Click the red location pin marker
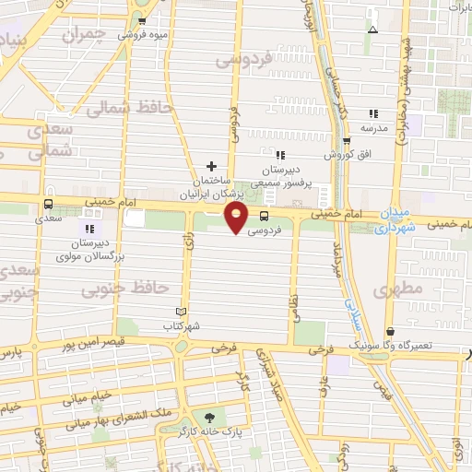[x=238, y=218]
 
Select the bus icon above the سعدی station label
[x=47, y=205]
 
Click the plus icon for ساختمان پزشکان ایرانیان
[x=211, y=165]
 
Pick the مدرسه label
[x=370, y=126]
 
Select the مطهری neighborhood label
[x=398, y=290]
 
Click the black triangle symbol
[x=372, y=29]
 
